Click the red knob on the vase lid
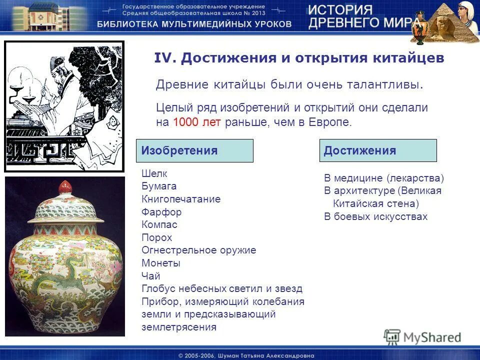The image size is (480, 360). tap(65, 187)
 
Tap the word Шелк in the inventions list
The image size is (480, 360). tap(154, 174)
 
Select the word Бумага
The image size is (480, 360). tap(159, 186)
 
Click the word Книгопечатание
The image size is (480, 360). tap(181, 199)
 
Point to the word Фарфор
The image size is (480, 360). tap(161, 212)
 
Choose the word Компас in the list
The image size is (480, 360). tap(159, 225)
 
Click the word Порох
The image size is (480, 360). tap(156, 238)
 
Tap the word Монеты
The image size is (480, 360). tap(161, 263)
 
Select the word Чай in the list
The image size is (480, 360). tap(151, 276)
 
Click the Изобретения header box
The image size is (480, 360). tap(194, 150)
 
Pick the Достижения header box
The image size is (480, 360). tap(377, 150)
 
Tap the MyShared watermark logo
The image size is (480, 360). tap(422, 336)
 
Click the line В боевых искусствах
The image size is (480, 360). tap(375, 216)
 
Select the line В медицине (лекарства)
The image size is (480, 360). tap(384, 178)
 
